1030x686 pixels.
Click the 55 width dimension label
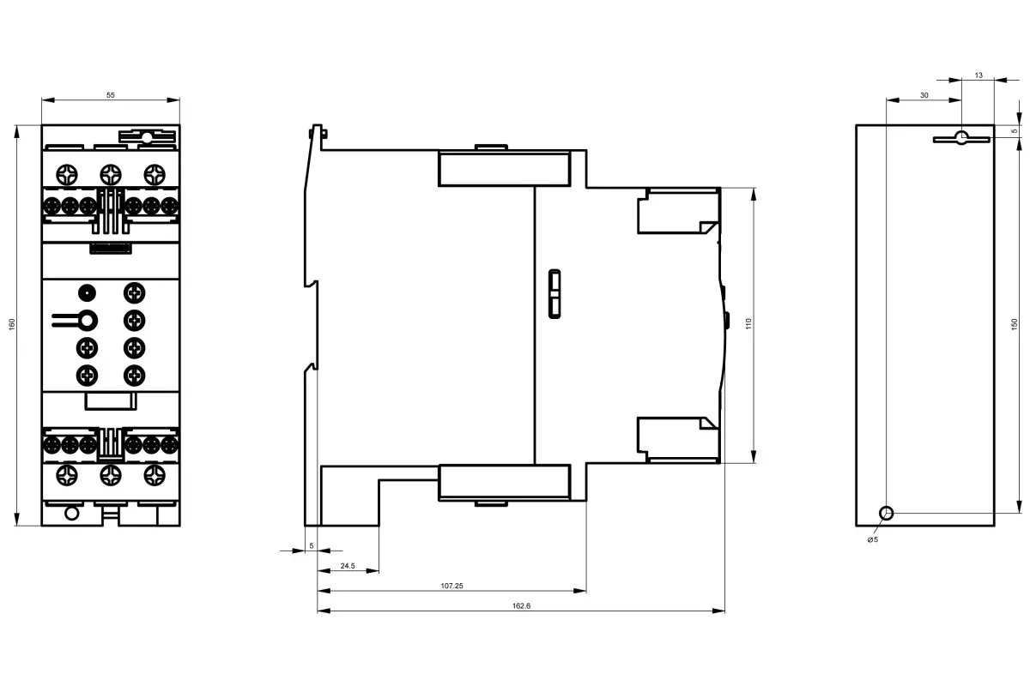coord(111,95)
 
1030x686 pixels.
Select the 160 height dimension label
coord(12,324)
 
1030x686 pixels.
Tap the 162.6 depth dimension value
coord(521,605)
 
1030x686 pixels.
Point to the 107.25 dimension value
coord(451,586)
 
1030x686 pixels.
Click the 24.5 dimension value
coord(348,566)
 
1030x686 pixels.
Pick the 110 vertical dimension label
coord(748,323)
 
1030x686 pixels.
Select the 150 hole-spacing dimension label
coord(1014,324)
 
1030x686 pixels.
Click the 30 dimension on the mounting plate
coord(924,95)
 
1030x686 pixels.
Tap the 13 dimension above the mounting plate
coord(978,75)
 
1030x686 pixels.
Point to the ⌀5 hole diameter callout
coord(873,539)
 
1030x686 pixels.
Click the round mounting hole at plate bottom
coord(886,514)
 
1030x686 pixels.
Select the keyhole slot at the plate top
coord(961,138)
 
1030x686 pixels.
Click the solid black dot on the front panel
coord(87,292)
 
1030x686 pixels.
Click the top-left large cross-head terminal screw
coord(67,175)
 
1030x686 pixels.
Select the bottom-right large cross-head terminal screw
coord(154,476)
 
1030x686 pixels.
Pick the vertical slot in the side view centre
coord(554,294)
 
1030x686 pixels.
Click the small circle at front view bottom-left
coord(72,513)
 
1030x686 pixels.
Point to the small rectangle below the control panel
coord(111,401)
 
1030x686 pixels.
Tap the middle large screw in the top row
coord(111,175)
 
